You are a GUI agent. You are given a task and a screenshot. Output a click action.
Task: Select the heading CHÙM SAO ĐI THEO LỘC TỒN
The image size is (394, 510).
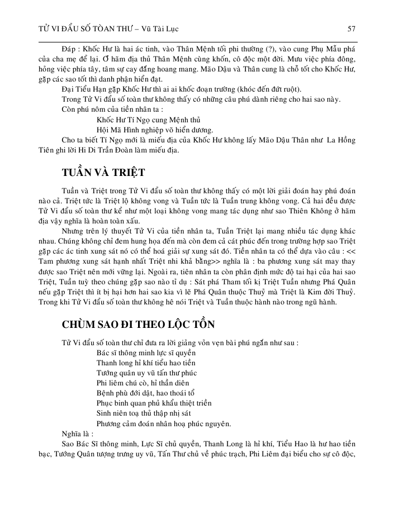click(x=137, y=325)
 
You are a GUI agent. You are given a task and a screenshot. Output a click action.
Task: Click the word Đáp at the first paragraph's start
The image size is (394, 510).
click(x=69, y=49)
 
